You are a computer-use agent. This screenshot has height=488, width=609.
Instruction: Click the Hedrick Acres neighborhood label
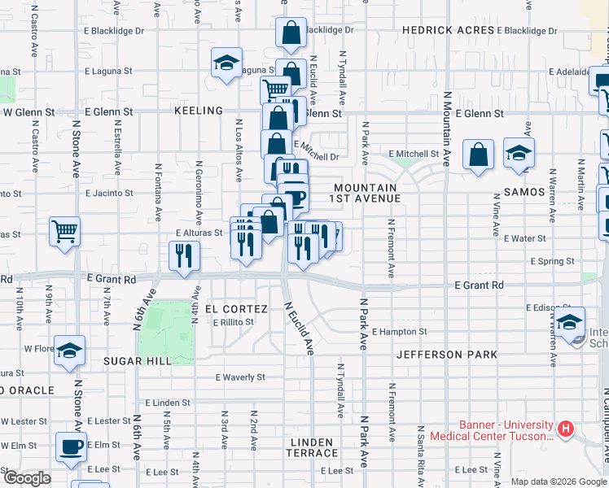click(449, 30)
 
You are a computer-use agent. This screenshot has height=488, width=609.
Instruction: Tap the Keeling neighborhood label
click(198, 111)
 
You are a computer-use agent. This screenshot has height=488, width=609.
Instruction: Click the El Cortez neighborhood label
click(236, 309)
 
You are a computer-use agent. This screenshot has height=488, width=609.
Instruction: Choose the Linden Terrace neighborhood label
click(312, 447)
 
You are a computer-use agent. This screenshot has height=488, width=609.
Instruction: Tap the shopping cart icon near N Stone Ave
click(64, 230)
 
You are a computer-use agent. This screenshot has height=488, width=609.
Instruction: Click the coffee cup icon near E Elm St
click(71, 447)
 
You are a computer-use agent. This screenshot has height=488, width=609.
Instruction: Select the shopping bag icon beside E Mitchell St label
click(479, 154)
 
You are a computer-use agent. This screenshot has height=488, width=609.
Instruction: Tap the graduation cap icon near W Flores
click(70, 350)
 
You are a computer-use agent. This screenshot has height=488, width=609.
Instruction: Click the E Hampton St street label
click(399, 332)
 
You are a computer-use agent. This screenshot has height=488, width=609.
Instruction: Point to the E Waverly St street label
click(240, 377)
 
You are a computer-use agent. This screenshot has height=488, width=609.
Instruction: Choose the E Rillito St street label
click(234, 322)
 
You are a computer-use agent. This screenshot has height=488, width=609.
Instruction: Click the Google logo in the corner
click(28, 478)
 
